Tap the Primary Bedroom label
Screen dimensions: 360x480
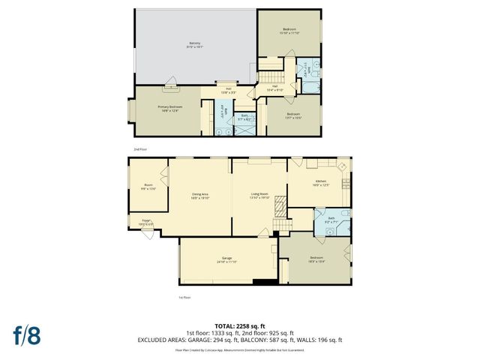(169, 109)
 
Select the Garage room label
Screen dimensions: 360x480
(226, 260)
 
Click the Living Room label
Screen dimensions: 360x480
(259, 196)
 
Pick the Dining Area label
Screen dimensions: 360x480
(199, 196)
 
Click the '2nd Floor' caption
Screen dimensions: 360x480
(141, 149)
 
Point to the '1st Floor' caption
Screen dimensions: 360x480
(184, 298)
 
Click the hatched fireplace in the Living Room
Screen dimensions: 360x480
(280, 205)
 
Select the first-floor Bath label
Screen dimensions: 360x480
(331, 220)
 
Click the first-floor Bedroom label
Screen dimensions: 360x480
(316, 259)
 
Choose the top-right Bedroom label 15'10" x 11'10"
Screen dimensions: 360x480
(289, 31)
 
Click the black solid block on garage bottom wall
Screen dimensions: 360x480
(264, 283)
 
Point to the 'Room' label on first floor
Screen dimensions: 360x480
(148, 187)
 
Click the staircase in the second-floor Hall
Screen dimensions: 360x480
(271, 77)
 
